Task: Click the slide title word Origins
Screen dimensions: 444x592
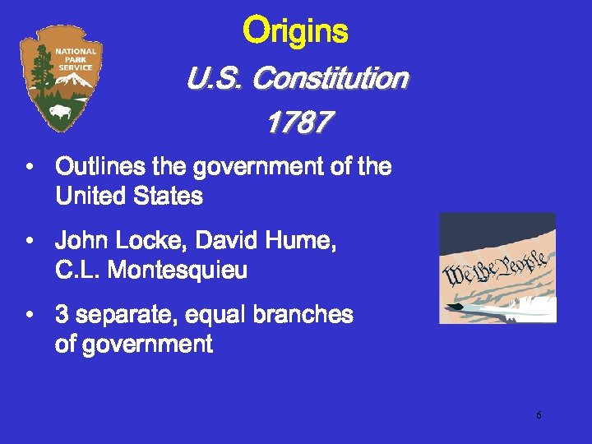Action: click(296, 32)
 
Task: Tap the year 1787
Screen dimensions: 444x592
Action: click(298, 123)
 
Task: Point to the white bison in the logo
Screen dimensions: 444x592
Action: click(61, 110)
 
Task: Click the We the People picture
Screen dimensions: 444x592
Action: click(497, 268)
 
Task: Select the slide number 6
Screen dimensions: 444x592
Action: click(539, 415)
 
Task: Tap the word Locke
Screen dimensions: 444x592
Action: click(145, 241)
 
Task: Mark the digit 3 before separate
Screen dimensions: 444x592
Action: click(62, 315)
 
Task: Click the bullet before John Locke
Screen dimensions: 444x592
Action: click(30, 242)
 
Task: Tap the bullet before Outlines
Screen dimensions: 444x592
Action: click(30, 168)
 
